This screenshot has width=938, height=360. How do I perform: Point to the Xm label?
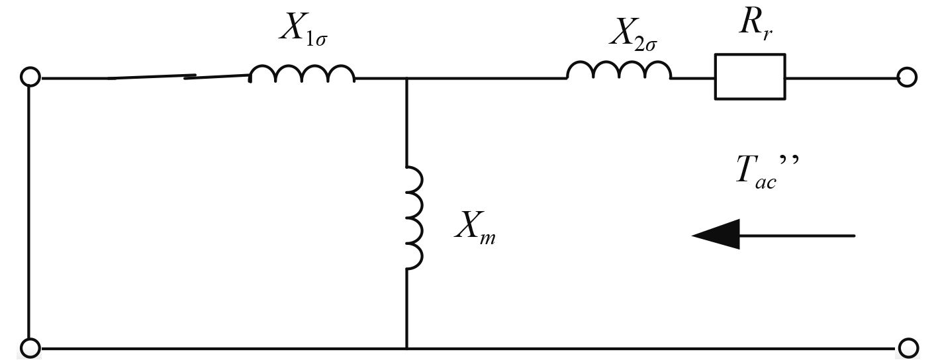point(475,230)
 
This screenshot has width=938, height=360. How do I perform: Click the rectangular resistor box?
point(750,77)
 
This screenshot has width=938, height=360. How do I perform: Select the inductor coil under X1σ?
point(302,73)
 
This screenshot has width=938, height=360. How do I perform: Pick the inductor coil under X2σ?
point(619,70)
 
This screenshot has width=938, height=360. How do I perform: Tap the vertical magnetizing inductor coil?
point(413,218)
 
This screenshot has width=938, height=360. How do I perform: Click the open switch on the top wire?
point(179,77)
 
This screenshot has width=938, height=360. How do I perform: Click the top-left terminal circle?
point(30,77)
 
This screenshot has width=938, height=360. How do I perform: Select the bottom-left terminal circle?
point(30,347)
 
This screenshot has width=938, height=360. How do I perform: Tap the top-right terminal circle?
point(907,77)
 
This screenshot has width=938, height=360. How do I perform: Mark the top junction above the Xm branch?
point(406,78)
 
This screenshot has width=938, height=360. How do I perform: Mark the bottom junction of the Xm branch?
point(406,347)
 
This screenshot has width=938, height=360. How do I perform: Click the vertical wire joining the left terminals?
point(30,212)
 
